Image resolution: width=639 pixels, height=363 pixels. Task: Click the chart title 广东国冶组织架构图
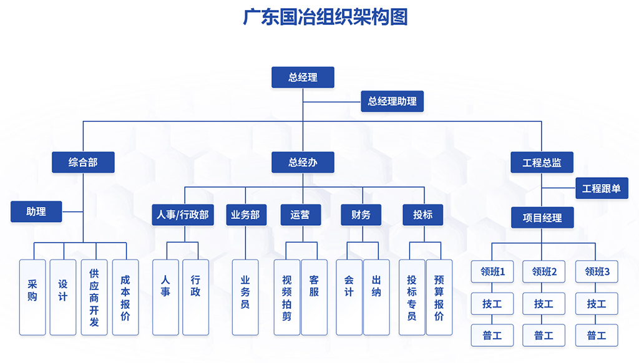(325, 17)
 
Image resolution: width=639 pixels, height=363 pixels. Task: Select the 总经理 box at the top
(303, 77)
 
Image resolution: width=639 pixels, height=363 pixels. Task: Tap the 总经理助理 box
(392, 101)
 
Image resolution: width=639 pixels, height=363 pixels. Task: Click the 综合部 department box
(83, 163)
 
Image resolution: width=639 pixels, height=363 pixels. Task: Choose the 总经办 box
(303, 163)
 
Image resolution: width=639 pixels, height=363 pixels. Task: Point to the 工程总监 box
(542, 163)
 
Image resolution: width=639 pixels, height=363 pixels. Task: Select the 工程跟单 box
(602, 188)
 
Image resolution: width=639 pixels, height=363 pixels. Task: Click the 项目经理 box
(542, 218)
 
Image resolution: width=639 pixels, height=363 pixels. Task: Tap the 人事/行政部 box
(183, 215)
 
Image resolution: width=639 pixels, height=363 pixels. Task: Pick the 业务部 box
(245, 215)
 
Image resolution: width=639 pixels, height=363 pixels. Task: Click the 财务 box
(361, 215)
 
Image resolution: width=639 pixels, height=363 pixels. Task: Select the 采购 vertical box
(32, 297)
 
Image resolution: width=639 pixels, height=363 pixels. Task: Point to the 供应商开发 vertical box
(94, 297)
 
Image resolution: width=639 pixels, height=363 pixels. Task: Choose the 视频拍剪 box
(287, 297)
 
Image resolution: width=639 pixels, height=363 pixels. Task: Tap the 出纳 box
(376, 297)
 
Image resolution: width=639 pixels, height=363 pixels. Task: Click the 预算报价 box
(439, 297)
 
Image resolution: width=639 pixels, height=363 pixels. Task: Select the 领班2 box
(544, 271)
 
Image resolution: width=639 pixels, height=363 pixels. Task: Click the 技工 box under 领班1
(492, 304)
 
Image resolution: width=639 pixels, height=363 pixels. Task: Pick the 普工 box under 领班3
(597, 336)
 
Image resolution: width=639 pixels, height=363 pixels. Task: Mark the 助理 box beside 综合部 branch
(36, 211)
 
